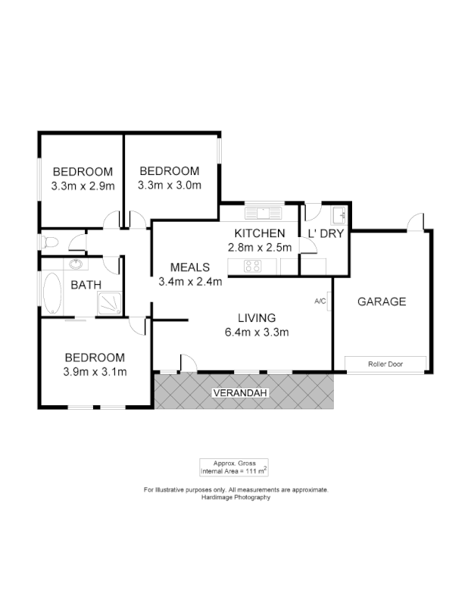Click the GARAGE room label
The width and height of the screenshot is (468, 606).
coord(382,301)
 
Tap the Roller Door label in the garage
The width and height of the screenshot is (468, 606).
coord(385,364)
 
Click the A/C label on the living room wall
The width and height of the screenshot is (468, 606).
coord(320,301)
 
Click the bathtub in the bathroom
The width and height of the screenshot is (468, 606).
coord(52,294)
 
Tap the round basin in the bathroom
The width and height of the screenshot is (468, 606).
coord(76,265)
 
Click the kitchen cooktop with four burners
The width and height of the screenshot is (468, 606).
coord(251,266)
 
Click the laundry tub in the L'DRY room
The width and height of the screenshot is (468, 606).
coord(339,214)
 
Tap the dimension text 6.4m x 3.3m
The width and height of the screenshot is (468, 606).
coord(257,332)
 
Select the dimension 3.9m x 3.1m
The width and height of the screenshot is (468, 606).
coord(95,371)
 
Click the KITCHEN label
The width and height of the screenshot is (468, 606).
coord(260,233)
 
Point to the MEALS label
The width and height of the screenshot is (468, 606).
coord(190,267)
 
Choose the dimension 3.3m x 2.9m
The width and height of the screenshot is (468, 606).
coord(83,186)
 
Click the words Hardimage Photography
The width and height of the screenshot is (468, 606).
coord(236,498)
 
